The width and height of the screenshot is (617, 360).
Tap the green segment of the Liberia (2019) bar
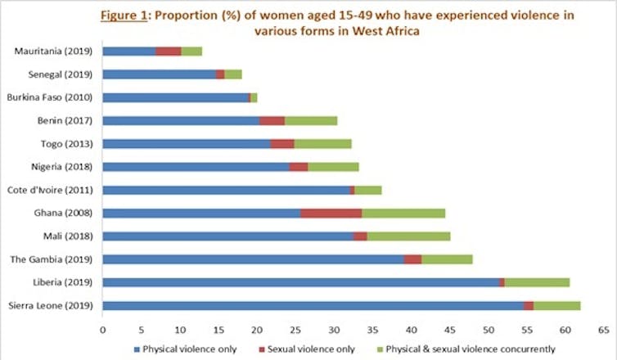pyautogui.click(x=537, y=282)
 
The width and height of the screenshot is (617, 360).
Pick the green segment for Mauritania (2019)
pyautogui.click(x=191, y=51)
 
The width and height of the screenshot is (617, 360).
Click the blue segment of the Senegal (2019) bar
pyautogui.click(x=160, y=74)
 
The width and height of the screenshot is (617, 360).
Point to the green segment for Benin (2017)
pyautogui.click(x=311, y=120)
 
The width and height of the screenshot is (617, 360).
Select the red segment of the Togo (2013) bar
pyautogui.click(x=282, y=143)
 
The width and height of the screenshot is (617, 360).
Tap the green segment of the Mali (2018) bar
pyautogui.click(x=408, y=236)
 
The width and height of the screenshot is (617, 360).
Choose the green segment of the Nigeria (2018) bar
pyautogui.click(x=333, y=167)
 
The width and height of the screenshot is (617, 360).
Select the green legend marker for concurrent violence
pyautogui.click(x=381, y=349)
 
